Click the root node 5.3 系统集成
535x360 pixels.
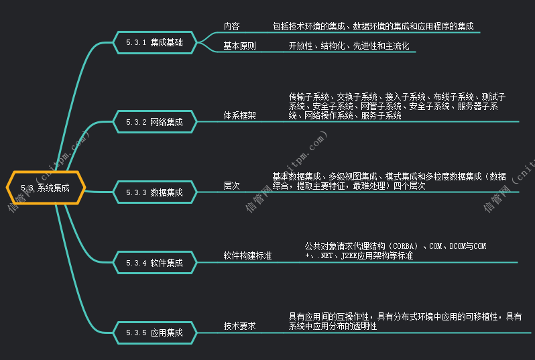(46, 188)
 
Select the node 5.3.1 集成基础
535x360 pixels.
(154, 42)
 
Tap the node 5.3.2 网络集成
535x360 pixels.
(154, 122)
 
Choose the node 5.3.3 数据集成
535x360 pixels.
(154, 192)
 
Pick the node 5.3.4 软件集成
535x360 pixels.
(154, 263)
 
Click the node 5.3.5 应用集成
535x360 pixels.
(154, 332)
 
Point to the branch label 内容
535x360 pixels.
(231, 27)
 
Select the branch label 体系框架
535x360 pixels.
(239, 115)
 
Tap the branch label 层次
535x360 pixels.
(231, 186)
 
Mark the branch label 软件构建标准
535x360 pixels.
(247, 256)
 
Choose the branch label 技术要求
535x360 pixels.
(239, 326)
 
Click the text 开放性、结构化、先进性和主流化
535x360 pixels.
(349, 46)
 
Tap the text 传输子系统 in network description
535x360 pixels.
(309, 97)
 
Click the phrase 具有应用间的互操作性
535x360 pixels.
(329, 316)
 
